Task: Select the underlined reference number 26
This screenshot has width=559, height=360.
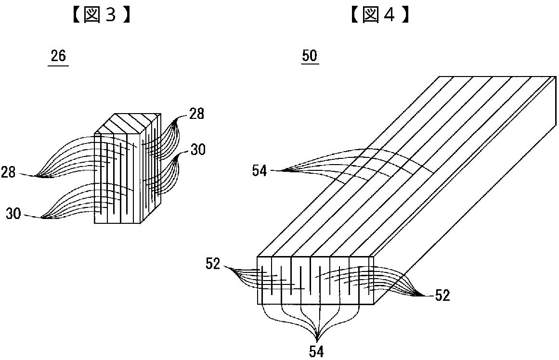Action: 58,56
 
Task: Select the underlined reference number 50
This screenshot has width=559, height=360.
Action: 310,56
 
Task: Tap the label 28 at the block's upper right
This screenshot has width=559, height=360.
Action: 196,114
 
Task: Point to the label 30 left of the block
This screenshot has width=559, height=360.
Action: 13,214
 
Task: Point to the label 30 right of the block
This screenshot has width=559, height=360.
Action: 197,150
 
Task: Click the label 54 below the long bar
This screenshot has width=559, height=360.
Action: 316,352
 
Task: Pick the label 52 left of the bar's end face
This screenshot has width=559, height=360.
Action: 213,263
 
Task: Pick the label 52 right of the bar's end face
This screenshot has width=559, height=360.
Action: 442,296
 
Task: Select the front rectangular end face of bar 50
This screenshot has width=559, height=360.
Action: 316,280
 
